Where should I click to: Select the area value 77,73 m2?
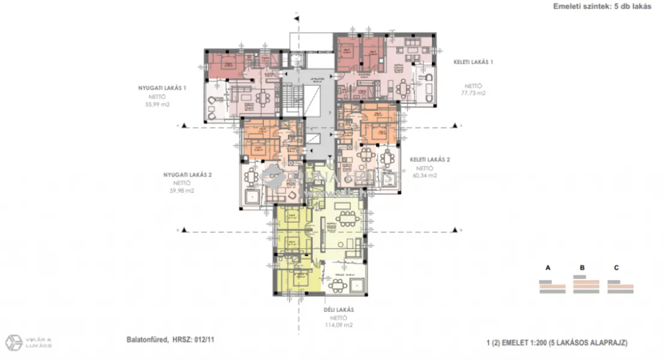tap(472, 94)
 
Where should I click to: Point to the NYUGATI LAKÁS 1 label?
tap(162, 88)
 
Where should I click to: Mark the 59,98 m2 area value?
tap(182, 191)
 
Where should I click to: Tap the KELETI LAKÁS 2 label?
tap(429, 160)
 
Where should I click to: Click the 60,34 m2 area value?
tap(425, 176)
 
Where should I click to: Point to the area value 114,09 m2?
tap(339, 325)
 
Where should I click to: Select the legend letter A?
tap(547, 267)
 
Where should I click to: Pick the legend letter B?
tap(581, 267)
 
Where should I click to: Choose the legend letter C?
tap(615, 267)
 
